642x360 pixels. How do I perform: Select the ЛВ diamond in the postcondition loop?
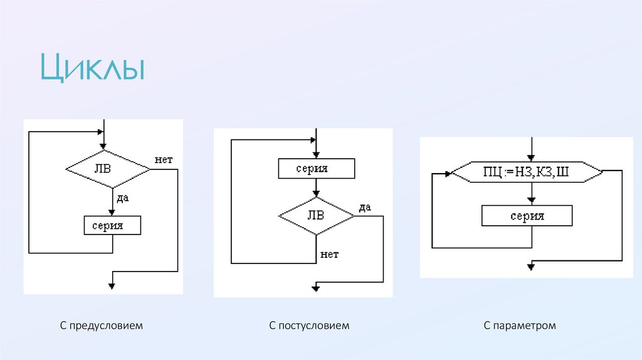[x=316, y=216]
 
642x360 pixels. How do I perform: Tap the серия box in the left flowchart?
[x=112, y=225]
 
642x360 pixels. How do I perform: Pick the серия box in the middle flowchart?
[x=316, y=168]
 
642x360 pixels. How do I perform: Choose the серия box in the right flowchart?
[x=527, y=216]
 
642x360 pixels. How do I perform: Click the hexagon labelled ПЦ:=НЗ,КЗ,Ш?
[x=527, y=172]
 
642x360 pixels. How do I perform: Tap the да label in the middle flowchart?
[x=365, y=207]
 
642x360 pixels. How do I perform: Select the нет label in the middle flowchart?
[x=329, y=254]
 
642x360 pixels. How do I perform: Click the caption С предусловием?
[x=102, y=326]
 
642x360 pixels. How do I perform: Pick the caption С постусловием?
[x=309, y=326]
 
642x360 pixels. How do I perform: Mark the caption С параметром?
[x=520, y=326]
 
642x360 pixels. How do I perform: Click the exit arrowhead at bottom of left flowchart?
[x=112, y=285]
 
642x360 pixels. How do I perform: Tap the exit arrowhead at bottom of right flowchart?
[x=531, y=267]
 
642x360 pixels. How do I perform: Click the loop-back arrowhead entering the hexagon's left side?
[x=448, y=175]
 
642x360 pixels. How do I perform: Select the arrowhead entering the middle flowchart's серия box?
[x=316, y=156]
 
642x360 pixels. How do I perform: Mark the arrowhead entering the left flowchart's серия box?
[x=112, y=213]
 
